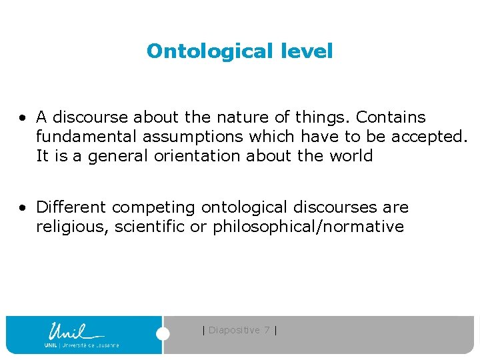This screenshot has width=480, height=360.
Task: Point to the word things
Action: point(321,117)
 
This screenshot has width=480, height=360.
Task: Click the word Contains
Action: point(391,117)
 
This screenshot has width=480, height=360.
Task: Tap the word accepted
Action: point(429,137)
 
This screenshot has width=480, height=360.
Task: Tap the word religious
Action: point(72,227)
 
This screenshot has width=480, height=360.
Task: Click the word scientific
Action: point(150,227)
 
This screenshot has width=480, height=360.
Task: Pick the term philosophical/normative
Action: point(308,227)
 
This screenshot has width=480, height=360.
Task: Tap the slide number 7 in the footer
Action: point(267,330)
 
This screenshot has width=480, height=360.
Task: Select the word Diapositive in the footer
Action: point(234,330)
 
